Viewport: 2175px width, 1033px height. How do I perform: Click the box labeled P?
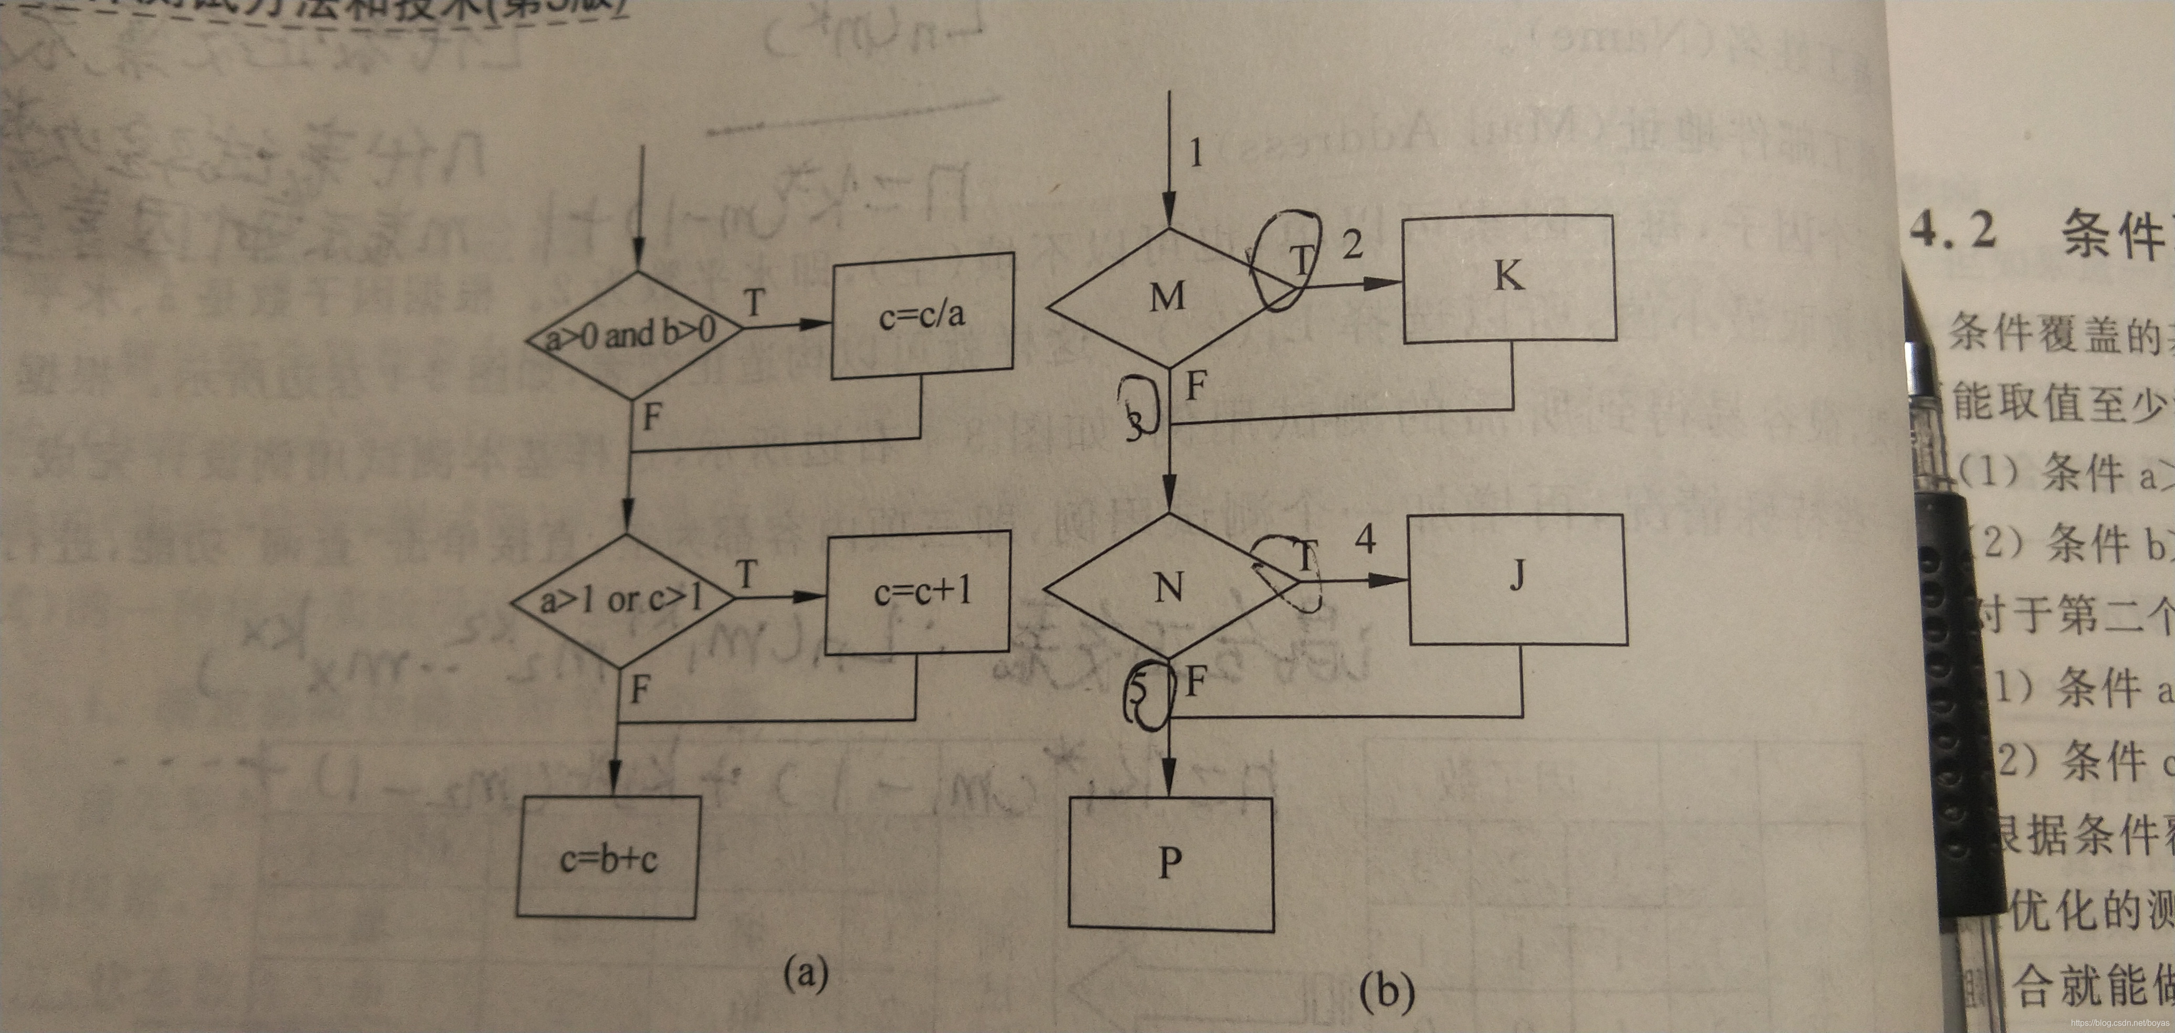(x=1170, y=863)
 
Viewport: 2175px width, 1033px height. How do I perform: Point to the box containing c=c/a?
(x=922, y=315)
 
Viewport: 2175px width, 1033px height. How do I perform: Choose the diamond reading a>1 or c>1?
(x=622, y=600)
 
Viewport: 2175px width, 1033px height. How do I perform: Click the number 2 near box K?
(x=1353, y=246)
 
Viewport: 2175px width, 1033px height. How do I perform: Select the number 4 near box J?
(x=1365, y=538)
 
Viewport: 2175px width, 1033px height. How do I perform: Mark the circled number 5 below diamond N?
(x=1140, y=690)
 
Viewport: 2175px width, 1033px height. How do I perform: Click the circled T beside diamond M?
(x=1301, y=261)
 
